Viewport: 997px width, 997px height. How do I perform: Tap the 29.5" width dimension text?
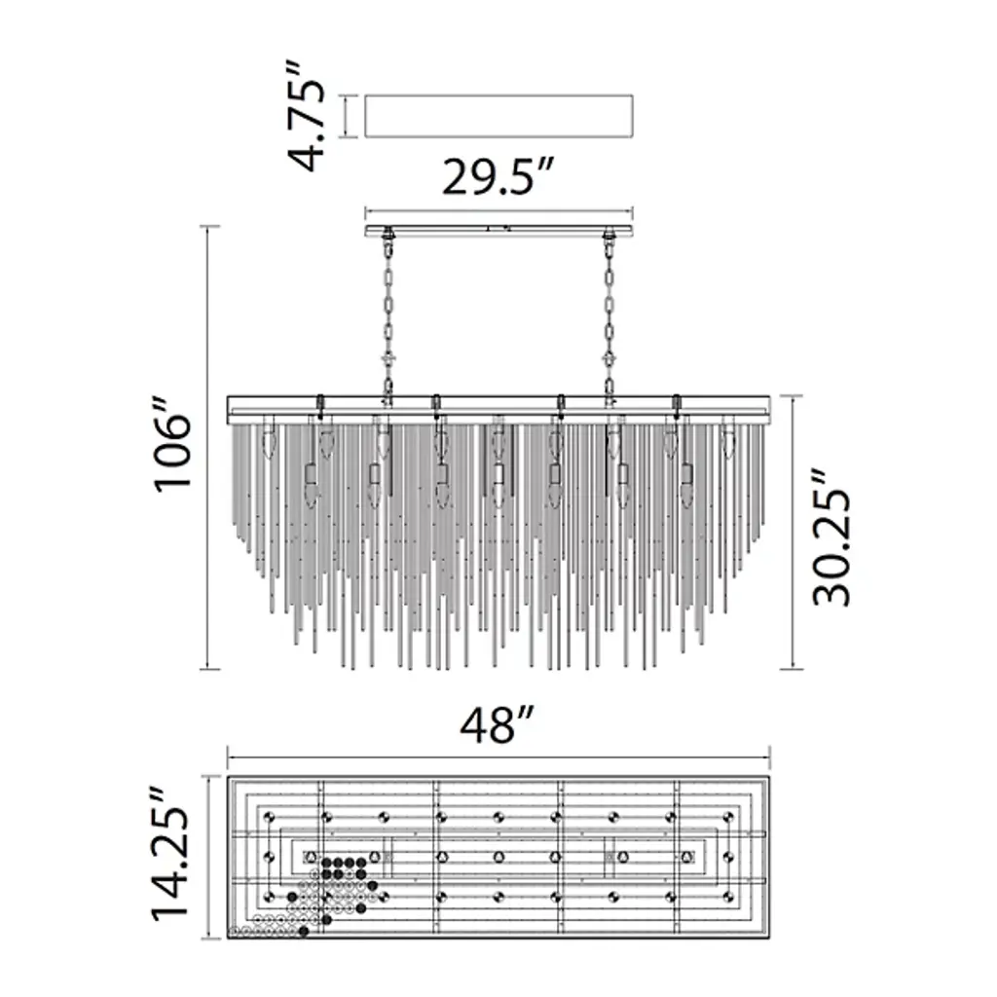coord(498,177)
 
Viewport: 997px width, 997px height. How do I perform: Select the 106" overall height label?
coord(172,444)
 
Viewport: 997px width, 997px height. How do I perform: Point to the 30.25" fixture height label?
coord(831,537)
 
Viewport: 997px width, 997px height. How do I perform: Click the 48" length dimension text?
coord(497,724)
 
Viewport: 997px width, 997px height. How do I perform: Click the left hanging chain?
coord(388,318)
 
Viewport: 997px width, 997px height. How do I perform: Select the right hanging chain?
coord(609,318)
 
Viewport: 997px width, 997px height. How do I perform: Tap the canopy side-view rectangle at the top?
coord(499,116)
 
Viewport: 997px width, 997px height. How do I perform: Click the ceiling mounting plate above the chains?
coord(499,230)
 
